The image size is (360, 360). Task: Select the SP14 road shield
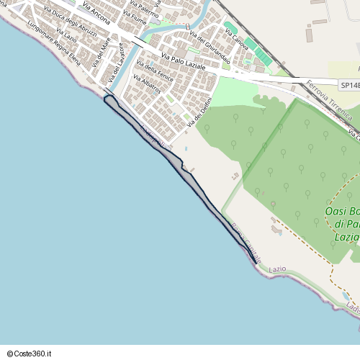(x=348, y=85)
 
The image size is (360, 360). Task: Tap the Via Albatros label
(x=147, y=86)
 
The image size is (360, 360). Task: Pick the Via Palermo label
(x=143, y=15)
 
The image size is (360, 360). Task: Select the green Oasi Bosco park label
(x=342, y=223)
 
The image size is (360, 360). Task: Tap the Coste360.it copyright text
(x=30, y=354)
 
